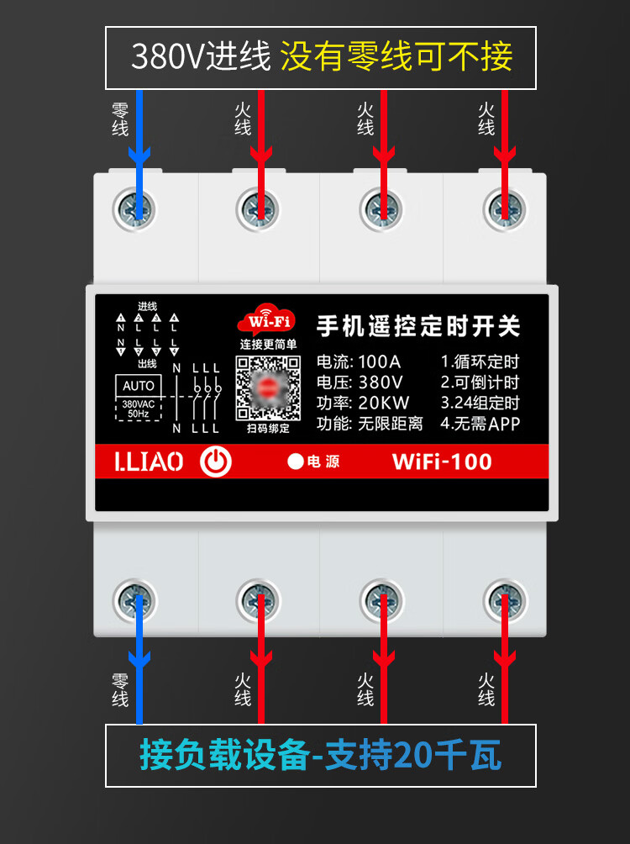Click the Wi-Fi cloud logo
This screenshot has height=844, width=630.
[x=267, y=321]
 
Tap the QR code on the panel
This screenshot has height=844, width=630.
[x=268, y=387]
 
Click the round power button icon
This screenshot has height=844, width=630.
[x=216, y=462]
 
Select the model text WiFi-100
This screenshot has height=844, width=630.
[x=442, y=462]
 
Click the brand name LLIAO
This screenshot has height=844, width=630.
[x=149, y=462]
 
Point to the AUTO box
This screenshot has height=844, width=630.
[x=139, y=385]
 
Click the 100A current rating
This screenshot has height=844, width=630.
[x=379, y=362]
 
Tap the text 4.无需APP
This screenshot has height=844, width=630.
[x=480, y=424]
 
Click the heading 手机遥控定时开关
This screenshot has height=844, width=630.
[x=418, y=326]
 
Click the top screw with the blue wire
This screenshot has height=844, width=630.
[x=136, y=207]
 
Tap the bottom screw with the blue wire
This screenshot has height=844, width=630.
[x=136, y=600]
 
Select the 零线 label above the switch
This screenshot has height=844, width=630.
[x=120, y=119]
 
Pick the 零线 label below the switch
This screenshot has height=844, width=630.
[x=120, y=688]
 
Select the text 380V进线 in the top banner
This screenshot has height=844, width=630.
[x=201, y=57]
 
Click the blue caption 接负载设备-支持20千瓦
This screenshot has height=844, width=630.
[x=320, y=756]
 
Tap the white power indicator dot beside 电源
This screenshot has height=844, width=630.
[x=295, y=462]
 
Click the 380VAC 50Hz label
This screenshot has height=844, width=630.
[x=139, y=409]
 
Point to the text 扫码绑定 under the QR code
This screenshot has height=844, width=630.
[x=268, y=428]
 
